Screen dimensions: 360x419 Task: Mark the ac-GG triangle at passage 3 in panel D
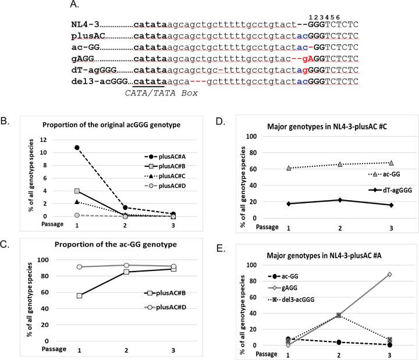coord(391,163)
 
